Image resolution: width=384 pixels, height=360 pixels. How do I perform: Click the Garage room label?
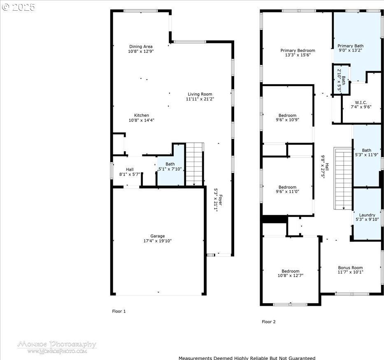click(158, 236)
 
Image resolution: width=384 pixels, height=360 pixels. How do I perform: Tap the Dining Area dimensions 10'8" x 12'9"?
click(141, 51)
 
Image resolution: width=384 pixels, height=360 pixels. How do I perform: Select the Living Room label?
click(200, 94)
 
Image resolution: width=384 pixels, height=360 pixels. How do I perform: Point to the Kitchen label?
click(142, 115)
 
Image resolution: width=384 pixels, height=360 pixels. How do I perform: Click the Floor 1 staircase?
click(194, 164)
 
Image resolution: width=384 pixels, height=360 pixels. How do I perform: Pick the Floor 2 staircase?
click(343, 179)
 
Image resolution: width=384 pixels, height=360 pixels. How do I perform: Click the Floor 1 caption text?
click(119, 311)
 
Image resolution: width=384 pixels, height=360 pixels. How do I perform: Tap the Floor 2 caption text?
click(269, 322)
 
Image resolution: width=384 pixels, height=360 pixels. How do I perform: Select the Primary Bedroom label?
click(298, 51)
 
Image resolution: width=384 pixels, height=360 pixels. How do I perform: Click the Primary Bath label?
click(350, 46)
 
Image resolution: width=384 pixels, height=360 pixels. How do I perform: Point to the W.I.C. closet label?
click(361, 102)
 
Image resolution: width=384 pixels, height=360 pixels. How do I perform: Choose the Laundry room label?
click(367, 215)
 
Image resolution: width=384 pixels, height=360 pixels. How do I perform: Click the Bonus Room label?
click(350, 268)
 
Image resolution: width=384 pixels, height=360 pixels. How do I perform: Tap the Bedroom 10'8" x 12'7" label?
click(291, 271)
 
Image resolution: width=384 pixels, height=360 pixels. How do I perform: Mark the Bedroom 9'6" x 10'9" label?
click(288, 115)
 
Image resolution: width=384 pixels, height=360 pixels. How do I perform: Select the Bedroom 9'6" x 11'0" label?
click(288, 187)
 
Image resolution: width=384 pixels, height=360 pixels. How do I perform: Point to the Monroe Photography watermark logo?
click(57, 347)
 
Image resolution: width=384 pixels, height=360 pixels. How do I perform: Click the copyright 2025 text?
click(19, 7)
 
